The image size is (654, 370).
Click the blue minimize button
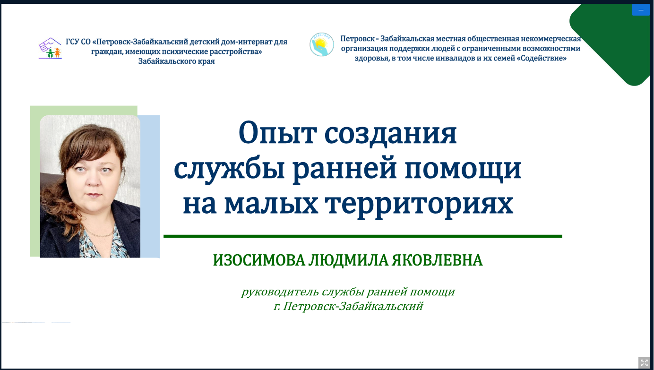pyautogui.click(x=641, y=10)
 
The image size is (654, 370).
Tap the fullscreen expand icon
pyautogui.click(x=644, y=363)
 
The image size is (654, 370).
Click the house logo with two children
pyautogui.click(x=50, y=48)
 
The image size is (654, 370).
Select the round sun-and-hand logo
pyautogui.click(x=321, y=44)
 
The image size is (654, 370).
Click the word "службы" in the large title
pyautogui.click(x=229, y=169)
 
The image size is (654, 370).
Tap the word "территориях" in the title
pyautogui.click(x=419, y=205)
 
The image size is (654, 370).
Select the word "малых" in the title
pyautogui.click(x=271, y=204)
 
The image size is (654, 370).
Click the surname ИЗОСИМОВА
pyautogui.click(x=259, y=260)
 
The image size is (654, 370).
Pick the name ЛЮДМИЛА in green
pyautogui.click(x=348, y=260)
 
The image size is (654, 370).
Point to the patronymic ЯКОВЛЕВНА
pyautogui.click(x=437, y=260)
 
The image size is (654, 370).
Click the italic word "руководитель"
pyautogui.click(x=280, y=292)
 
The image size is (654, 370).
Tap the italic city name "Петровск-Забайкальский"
pyautogui.click(x=353, y=306)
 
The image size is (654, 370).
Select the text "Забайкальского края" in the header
pyautogui.click(x=176, y=61)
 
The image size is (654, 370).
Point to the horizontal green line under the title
pyautogui.click(x=362, y=236)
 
